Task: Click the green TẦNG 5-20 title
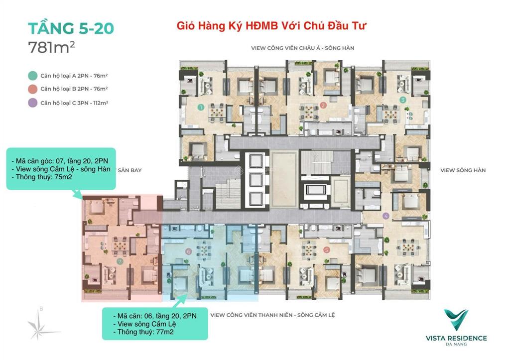pos(71,28)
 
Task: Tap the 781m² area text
pos(52,48)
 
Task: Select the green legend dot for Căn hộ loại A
pos(32,76)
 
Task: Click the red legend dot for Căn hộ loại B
pos(32,89)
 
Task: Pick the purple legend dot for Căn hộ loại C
pos(32,103)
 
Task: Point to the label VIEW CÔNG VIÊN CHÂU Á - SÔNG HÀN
pos(306,48)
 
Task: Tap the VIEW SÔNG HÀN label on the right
pos(463,170)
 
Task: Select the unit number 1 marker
pos(200,107)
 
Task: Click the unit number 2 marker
pos(323,105)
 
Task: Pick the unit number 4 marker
pos(386,216)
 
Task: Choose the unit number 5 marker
pos(326,250)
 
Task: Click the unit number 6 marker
pos(188,252)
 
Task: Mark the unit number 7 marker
pos(120,261)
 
